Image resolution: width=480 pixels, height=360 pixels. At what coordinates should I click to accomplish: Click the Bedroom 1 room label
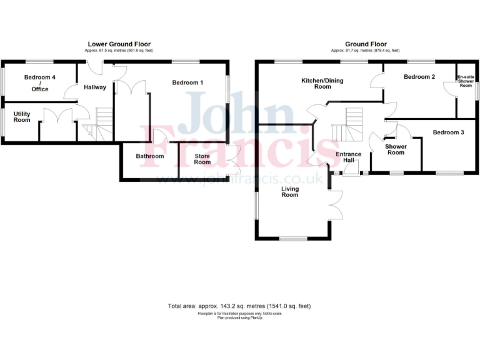click(x=187, y=82)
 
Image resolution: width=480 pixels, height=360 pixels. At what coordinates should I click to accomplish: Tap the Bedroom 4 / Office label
click(x=36, y=83)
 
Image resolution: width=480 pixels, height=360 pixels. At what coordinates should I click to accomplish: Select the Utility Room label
click(x=22, y=116)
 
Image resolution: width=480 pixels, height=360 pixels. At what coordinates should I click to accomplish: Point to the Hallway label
click(x=94, y=87)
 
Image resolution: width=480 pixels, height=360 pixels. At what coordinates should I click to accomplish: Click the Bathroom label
click(x=150, y=156)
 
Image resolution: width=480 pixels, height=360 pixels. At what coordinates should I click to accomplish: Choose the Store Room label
click(x=202, y=159)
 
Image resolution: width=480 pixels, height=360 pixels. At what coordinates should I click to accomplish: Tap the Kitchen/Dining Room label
click(x=322, y=84)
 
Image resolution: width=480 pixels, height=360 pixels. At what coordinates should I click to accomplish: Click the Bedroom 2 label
click(x=419, y=77)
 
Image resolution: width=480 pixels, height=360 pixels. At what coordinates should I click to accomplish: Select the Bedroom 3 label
click(x=448, y=132)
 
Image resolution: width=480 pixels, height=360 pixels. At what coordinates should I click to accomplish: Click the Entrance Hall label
click(x=348, y=157)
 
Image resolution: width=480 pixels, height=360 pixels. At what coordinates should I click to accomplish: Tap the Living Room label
click(x=289, y=191)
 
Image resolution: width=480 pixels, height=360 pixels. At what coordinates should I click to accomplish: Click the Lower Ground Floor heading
click(x=119, y=44)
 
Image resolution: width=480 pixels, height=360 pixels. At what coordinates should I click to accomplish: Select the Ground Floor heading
click(x=366, y=44)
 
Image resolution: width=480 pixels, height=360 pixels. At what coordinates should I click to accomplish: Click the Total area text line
click(x=239, y=306)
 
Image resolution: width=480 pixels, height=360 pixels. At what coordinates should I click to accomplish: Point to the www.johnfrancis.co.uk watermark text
click(x=241, y=179)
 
